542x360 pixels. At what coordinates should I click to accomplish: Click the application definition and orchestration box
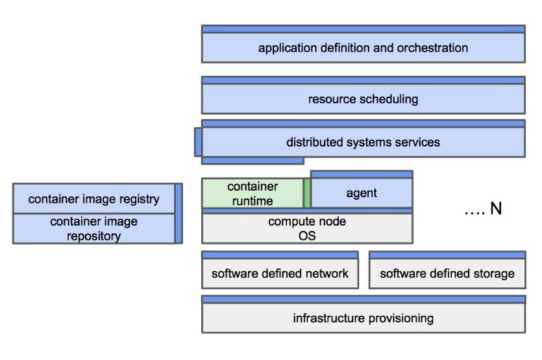pos(363,47)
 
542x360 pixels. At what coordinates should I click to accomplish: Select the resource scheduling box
pos(363,99)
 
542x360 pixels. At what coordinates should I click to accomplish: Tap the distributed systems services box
pos(363,142)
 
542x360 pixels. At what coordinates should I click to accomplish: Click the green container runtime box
pos(253,193)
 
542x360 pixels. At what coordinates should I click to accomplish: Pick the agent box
pos(362,193)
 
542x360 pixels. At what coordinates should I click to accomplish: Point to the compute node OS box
pos(307,228)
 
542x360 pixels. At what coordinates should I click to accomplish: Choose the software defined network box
pos(280,273)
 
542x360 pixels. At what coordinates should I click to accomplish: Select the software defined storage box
pos(447,273)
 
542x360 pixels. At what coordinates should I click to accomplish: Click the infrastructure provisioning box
pos(363,318)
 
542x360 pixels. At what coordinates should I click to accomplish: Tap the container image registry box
pos(93,199)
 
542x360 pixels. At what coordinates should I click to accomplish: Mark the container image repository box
pos(93,228)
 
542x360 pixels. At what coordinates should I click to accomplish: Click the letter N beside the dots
pos(496,210)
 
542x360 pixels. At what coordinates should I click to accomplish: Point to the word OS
pos(307,235)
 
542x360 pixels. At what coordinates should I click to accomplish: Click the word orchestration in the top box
pos(436,48)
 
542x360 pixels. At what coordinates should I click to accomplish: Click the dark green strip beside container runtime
pos(308,193)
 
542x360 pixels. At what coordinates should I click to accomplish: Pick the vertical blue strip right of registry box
pos(179,213)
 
